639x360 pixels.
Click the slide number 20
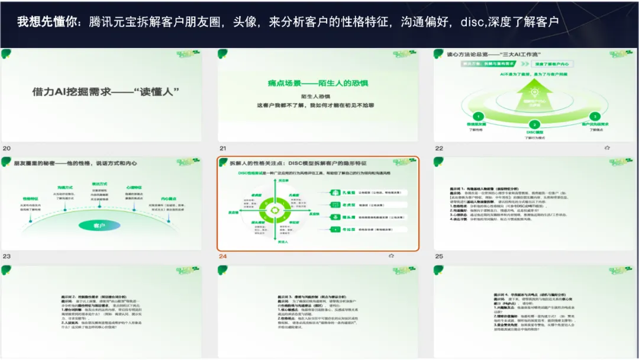click(x=7, y=148)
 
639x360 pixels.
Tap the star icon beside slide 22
click(x=606, y=148)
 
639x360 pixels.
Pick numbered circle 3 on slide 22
click(x=595, y=117)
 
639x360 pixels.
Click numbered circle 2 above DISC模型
click(x=534, y=124)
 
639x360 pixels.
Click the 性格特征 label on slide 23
click(x=31, y=200)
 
